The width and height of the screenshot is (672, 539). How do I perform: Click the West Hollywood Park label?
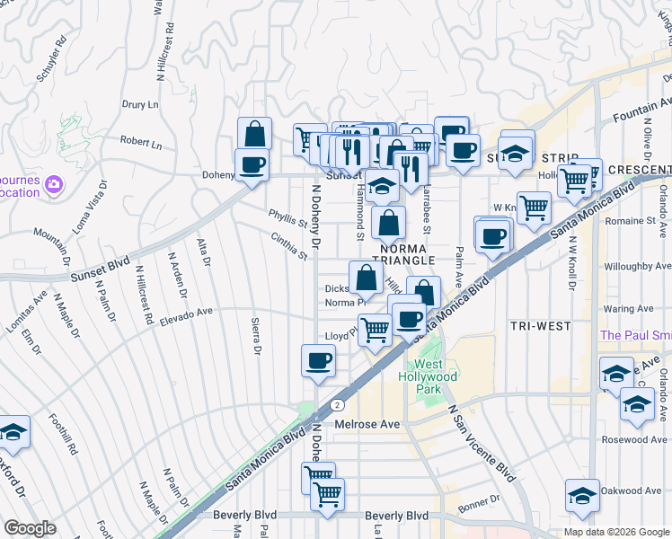click(x=429, y=376)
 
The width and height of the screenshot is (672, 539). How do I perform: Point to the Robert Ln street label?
click(x=141, y=143)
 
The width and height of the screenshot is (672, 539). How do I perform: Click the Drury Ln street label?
click(x=139, y=104)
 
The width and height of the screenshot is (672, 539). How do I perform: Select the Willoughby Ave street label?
click(x=637, y=266)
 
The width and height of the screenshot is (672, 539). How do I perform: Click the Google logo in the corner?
click(x=30, y=528)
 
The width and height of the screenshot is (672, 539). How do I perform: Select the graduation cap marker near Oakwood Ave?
click(x=582, y=495)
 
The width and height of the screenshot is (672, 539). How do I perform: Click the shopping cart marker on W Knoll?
click(x=534, y=208)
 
